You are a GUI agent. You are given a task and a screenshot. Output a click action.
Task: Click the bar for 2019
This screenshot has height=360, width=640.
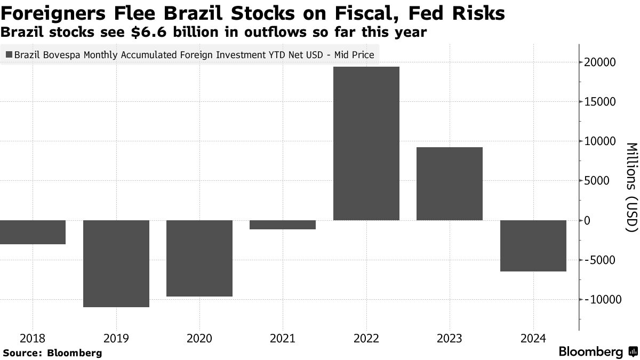pos(116,263)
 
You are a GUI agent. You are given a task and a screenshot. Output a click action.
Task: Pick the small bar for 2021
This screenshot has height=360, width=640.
pos(283,225)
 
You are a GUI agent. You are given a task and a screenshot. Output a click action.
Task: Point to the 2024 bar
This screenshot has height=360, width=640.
pos(533,245)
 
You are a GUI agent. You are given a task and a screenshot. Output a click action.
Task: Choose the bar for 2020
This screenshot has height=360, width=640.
pos(199,258)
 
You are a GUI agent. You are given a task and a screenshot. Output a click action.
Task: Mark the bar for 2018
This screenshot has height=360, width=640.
pos(33,232)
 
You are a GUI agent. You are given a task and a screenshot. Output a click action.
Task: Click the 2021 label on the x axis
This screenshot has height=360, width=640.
pos(283,338)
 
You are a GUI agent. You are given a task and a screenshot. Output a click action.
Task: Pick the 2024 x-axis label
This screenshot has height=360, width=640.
pos(533,338)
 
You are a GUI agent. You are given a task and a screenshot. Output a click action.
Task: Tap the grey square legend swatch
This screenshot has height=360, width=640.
pos(9,54)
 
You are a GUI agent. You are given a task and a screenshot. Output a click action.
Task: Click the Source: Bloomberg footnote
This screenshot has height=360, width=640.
pos(52,353)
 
